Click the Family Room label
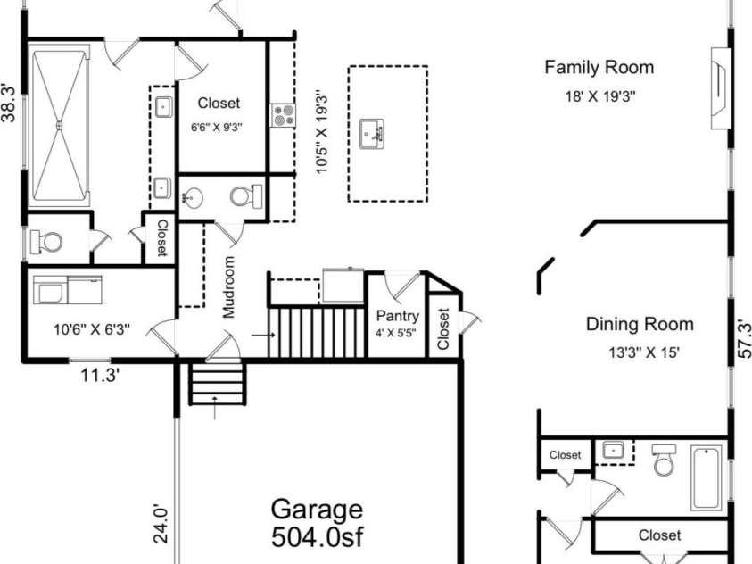pos(599,67)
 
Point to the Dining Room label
pos(639,324)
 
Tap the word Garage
pos(317,510)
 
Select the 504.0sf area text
pos(317,538)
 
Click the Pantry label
pos(397,316)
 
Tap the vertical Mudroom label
pos(229,287)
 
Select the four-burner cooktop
pos(283,114)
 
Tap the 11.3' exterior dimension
pos(101,375)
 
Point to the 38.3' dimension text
pos(8,102)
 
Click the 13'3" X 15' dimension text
pos(639,352)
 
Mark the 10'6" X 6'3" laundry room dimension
pos(92,328)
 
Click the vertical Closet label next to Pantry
pos(443,328)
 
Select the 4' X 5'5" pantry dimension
pos(397,336)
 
